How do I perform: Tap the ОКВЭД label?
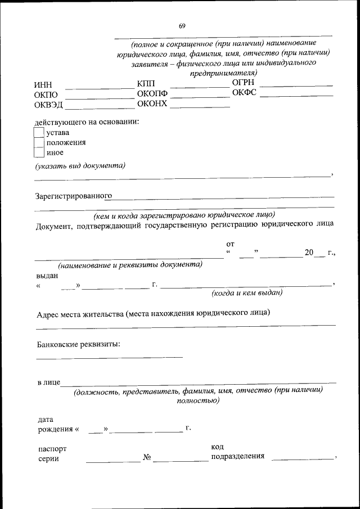pos(48,105)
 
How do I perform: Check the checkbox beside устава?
pos(39,132)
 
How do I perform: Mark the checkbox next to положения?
pos(39,142)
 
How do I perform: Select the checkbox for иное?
pos(39,152)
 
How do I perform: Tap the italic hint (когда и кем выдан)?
pos(247,293)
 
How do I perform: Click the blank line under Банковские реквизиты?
pos(110,356)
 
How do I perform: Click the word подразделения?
pos(237,456)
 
